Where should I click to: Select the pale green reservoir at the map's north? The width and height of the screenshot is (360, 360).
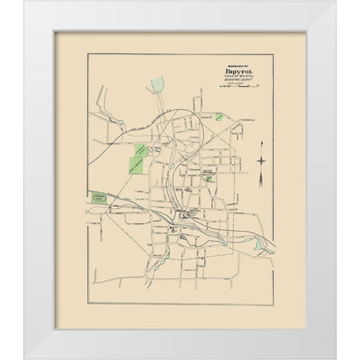(157, 84)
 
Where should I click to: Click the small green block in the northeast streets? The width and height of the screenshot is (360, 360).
(218, 117)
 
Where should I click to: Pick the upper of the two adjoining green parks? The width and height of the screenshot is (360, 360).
(140, 150)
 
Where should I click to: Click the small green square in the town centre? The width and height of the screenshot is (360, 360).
(209, 179)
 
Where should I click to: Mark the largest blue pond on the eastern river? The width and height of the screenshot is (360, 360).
(258, 244)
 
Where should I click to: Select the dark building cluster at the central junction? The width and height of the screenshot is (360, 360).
(181, 217)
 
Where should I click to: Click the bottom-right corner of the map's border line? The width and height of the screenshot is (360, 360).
(273, 304)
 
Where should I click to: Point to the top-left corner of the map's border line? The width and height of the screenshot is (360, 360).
(88, 55)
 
